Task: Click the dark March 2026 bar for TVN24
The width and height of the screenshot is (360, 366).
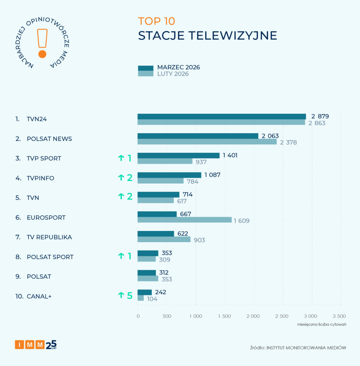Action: point(221,117)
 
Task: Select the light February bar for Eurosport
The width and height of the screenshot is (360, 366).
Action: point(184,220)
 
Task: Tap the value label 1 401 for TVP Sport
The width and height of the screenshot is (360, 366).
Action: point(230,155)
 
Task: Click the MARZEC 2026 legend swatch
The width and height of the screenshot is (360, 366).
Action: point(145,68)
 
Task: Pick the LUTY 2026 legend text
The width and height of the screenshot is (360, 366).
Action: point(173,74)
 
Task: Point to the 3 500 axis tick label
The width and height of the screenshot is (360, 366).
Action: point(339,316)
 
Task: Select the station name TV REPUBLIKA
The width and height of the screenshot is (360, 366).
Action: point(49,237)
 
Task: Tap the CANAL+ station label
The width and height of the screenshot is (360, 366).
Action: point(39,296)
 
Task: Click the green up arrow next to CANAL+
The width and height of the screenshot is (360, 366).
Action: point(121,295)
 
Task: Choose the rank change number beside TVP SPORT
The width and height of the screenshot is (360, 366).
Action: point(129,158)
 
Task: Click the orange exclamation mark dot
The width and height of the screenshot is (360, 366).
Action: point(42,54)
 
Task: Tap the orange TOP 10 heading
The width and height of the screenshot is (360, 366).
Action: point(156,21)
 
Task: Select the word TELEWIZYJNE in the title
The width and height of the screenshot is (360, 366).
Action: point(233,36)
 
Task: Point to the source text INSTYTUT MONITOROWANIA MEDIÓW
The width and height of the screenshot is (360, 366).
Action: point(304,348)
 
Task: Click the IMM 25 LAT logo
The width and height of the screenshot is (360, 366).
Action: point(36,345)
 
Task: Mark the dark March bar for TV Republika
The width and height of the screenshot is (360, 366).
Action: point(156,234)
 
